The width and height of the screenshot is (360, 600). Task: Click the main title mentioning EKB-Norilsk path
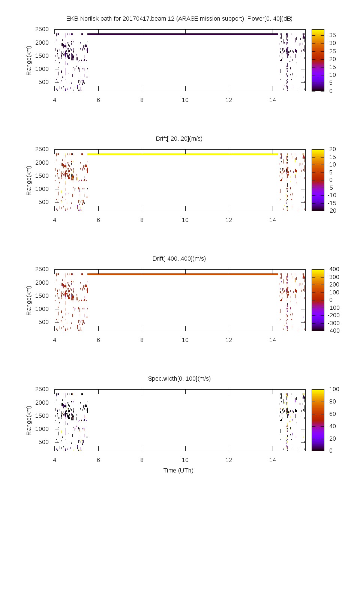(179, 18)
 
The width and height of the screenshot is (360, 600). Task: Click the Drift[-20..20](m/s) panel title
(179, 138)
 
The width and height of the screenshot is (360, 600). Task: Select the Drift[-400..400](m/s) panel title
(179, 258)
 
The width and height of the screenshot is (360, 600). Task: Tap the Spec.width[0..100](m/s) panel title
(179, 378)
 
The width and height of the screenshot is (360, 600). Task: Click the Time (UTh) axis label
(178, 470)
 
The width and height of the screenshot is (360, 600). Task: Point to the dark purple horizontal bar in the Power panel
(183, 34)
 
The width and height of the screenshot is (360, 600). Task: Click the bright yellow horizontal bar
(183, 154)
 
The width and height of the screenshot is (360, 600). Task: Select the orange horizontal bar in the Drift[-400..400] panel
(183, 274)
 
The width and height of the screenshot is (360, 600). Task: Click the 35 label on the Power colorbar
(333, 35)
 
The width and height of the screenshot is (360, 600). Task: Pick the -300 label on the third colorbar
(333, 323)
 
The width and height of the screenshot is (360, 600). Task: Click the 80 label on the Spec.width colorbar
(333, 401)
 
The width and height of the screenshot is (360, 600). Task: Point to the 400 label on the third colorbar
(334, 269)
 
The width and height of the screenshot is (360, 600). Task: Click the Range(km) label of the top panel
(28, 61)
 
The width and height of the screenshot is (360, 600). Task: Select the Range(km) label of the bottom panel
(28, 421)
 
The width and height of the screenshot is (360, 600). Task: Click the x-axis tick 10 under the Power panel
(185, 100)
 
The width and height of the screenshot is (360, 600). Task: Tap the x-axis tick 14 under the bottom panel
(273, 460)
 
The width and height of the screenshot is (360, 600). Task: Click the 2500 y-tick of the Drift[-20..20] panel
(42, 149)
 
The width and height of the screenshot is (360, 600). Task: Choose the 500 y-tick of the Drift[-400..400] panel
(44, 322)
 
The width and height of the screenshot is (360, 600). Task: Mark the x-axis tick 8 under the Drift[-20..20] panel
(142, 220)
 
